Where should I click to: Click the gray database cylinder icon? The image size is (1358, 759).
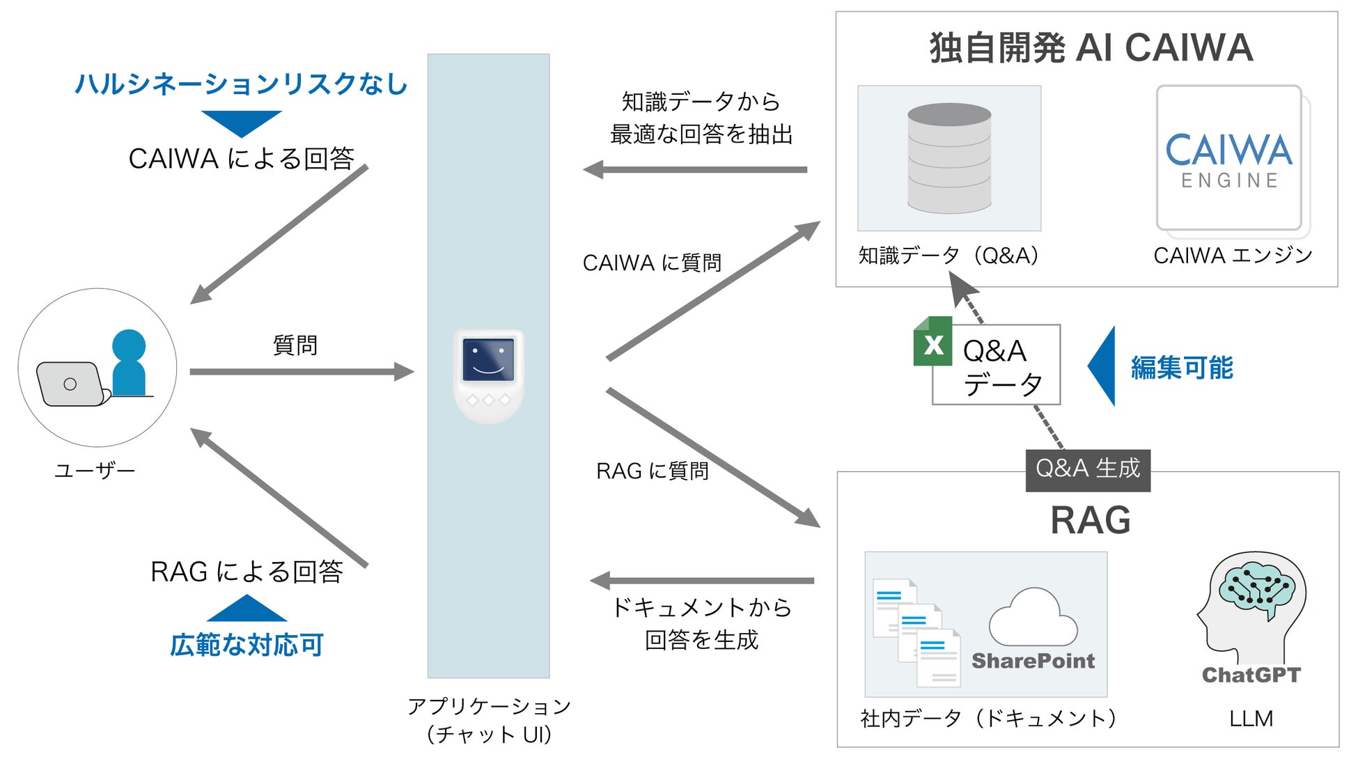pyautogui.click(x=949, y=158)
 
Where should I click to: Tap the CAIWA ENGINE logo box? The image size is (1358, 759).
pyautogui.click(x=1229, y=158)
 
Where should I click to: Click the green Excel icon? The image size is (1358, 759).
pyautogui.click(x=932, y=342)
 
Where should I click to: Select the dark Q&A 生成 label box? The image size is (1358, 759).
pyautogui.click(x=1088, y=470)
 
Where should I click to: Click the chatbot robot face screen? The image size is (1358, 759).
pyautogui.click(x=488, y=361)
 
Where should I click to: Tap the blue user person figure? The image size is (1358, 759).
pyautogui.click(x=129, y=362)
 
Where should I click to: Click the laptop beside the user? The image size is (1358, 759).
pyautogui.click(x=71, y=384)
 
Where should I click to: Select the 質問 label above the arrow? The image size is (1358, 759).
pyautogui.click(x=295, y=345)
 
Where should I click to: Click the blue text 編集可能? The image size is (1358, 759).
pyautogui.click(x=1182, y=368)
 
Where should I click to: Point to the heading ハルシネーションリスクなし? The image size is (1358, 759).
pyautogui.click(x=241, y=84)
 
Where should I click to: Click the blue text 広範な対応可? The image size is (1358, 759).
pyautogui.click(x=247, y=645)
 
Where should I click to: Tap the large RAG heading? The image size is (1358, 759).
pyautogui.click(x=1090, y=520)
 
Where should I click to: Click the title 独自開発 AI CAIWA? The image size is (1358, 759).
pyautogui.click(x=1091, y=48)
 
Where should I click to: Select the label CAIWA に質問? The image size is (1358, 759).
pyautogui.click(x=652, y=263)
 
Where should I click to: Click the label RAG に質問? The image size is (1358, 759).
pyautogui.click(x=653, y=471)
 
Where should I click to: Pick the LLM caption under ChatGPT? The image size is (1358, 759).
pyautogui.click(x=1251, y=718)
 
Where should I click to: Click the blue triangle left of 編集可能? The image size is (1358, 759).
pyautogui.click(x=1103, y=366)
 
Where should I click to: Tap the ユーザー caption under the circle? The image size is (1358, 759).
pyautogui.click(x=95, y=471)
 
